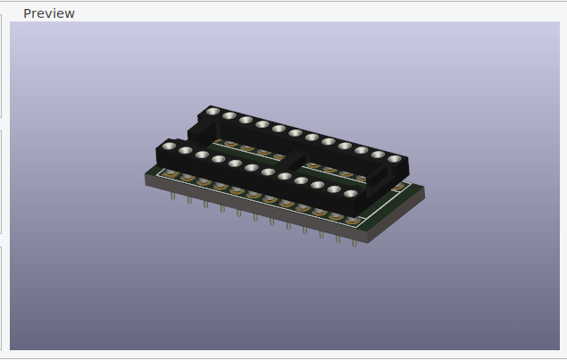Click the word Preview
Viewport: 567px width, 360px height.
[x=48, y=13]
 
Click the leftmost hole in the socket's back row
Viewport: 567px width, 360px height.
[x=213, y=112]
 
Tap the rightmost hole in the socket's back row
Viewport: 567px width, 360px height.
[x=394, y=159]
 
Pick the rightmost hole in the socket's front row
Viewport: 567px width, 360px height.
[x=350, y=193]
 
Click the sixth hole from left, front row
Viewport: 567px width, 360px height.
[x=252, y=167]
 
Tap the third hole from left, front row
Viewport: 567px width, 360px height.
[x=202, y=155]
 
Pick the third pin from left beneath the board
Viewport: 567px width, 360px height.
[x=206, y=203]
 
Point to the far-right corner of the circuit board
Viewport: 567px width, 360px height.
[x=423, y=188]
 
